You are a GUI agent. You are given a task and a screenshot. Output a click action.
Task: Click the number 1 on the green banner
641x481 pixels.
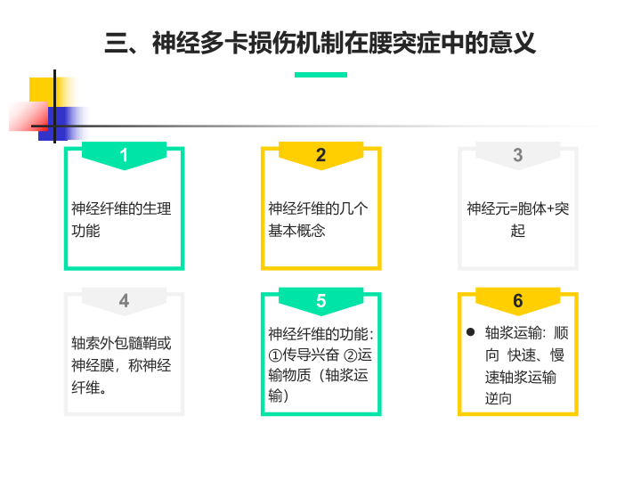[124, 155]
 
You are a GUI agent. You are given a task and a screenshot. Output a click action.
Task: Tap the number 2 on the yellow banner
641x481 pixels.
[320, 155]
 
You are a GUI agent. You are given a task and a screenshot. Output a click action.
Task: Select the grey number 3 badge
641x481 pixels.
[518, 155]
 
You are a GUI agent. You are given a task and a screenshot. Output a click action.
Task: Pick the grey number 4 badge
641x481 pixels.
[124, 301]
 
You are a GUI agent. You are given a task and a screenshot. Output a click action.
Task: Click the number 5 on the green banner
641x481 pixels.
[320, 301]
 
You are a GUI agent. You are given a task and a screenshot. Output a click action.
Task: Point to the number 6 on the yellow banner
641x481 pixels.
[518, 301]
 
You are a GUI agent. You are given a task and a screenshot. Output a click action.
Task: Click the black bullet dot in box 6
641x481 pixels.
[471, 331]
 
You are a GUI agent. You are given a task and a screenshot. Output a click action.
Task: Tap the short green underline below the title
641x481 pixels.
[320, 75]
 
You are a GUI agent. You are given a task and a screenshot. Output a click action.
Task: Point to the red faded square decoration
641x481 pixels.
[28, 116]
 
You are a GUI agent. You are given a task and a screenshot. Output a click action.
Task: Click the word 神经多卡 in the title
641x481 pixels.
[200, 43]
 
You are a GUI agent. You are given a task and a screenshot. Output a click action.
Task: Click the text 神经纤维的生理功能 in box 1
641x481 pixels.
[121, 220]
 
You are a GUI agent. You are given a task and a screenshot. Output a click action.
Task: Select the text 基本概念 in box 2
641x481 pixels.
[296, 231]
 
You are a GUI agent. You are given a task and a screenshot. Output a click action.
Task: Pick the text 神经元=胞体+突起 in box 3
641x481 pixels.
[518, 220]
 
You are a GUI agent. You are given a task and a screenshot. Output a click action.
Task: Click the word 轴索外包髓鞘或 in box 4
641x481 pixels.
[121, 343]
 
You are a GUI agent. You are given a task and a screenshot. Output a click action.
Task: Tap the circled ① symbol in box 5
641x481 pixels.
[275, 355]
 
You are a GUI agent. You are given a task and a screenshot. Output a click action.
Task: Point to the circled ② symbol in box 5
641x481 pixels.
[351, 355]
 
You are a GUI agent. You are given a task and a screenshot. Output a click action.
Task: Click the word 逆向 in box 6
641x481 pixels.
[499, 398]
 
